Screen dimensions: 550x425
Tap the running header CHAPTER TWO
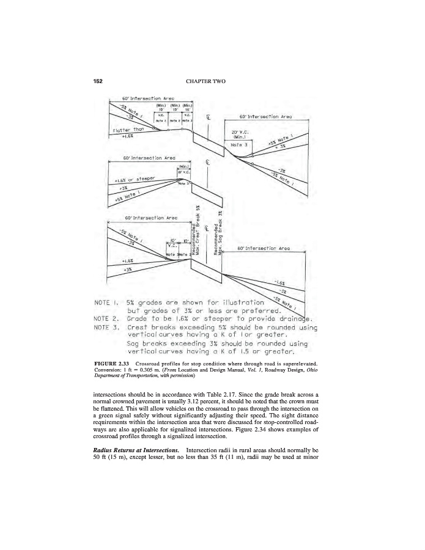coord(212,81)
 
